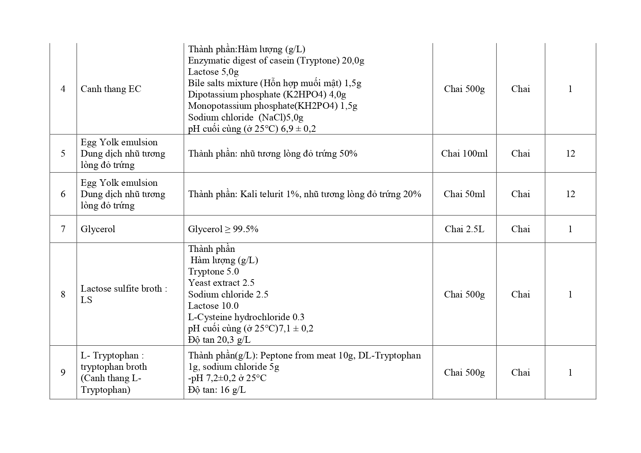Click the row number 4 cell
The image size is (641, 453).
[x=63, y=89]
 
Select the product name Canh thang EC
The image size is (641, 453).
[x=111, y=89]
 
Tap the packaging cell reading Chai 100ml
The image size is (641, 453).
[x=464, y=154]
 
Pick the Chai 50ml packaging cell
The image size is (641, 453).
[x=464, y=194]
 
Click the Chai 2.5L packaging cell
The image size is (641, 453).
[x=464, y=229]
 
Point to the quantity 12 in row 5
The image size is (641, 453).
[x=570, y=154]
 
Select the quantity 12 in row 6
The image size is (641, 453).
[x=570, y=194]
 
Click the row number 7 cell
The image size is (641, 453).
[x=63, y=229]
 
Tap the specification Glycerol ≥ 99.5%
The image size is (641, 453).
[x=223, y=229]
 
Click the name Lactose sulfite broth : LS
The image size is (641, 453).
[x=124, y=294]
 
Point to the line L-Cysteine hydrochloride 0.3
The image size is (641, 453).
[x=246, y=317]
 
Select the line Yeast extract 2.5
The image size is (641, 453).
[x=221, y=283]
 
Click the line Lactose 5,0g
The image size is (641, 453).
[x=213, y=72]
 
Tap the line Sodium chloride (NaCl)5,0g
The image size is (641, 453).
[x=246, y=118]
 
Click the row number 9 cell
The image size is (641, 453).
[x=63, y=372]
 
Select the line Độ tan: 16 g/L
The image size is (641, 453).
[x=217, y=390]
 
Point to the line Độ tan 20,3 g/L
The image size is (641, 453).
[x=219, y=340]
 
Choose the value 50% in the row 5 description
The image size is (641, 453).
[x=348, y=154]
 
